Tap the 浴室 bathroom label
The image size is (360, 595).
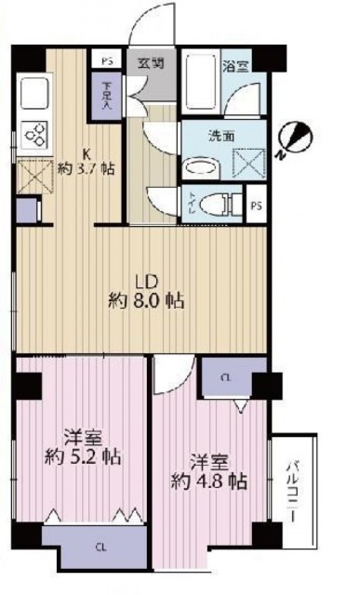pyautogui.click(x=233, y=65)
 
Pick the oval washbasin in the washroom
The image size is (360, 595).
pyautogui.click(x=199, y=166)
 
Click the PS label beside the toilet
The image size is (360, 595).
pyautogui.click(x=256, y=203)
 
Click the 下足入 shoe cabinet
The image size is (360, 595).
pyautogui.click(x=106, y=97)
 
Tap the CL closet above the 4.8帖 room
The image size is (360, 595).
pyautogui.click(x=227, y=378)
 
